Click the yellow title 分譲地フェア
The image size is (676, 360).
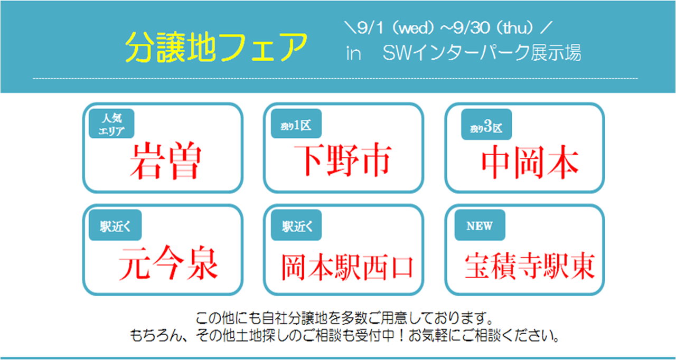click(216, 48)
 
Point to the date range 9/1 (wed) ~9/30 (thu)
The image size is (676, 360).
click(448, 28)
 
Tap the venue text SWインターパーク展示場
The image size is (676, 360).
click(482, 53)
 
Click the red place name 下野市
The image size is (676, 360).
click(343, 160)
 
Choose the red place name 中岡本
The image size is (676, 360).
click(530, 162)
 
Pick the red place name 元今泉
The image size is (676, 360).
click(168, 263)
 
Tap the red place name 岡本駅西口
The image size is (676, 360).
click(347, 267)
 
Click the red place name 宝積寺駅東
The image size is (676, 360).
click(530, 266)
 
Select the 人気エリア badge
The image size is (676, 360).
click(111, 124)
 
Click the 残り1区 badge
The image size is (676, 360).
click(296, 124)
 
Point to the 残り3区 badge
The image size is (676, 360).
click(486, 124)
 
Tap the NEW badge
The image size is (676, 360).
click(480, 225)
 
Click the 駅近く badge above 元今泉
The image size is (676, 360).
click(115, 225)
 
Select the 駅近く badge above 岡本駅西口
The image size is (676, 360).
click(296, 225)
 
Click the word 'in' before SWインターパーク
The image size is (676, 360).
click(353, 54)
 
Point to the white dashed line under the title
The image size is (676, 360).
click(335, 79)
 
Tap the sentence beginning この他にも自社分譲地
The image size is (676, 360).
click(344, 318)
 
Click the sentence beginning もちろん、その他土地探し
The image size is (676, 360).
click(344, 336)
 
